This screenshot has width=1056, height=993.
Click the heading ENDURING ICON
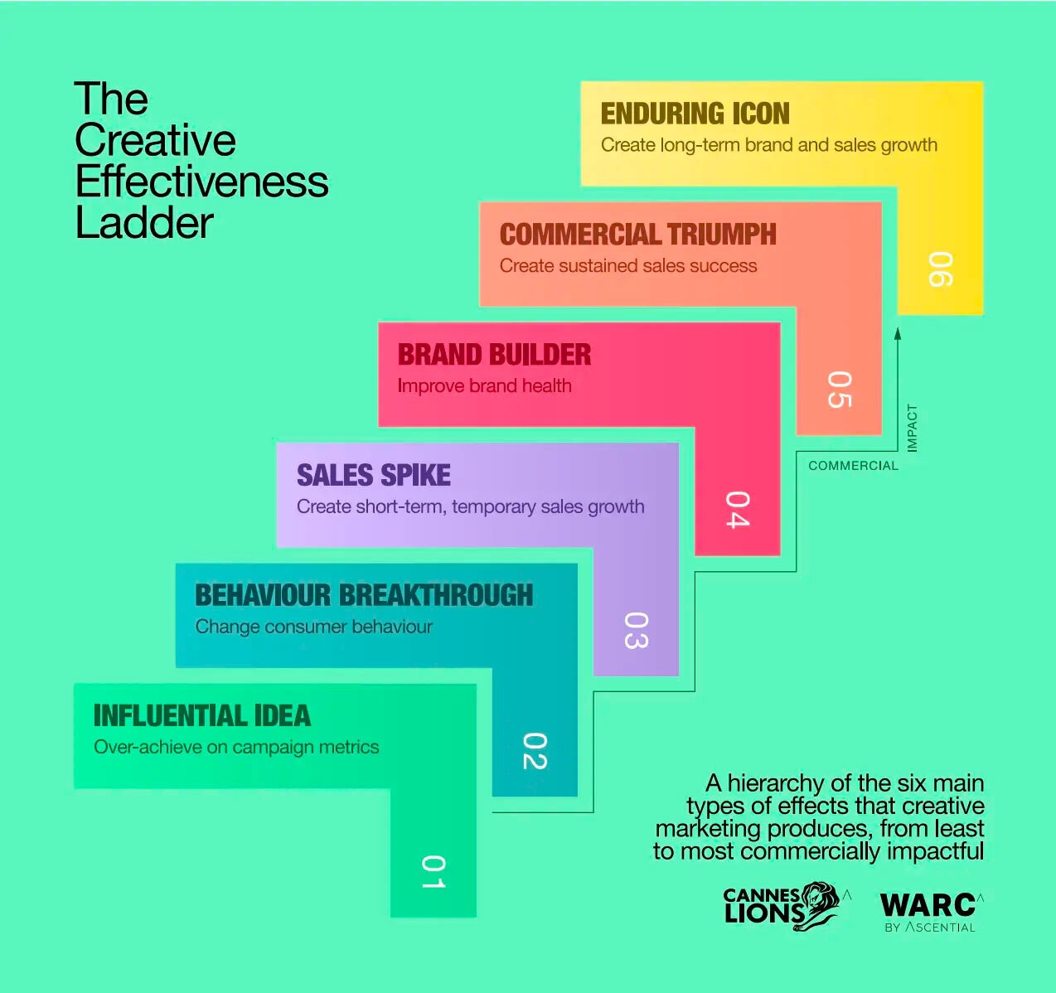click(x=695, y=114)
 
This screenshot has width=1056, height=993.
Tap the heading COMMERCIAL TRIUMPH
click(x=637, y=235)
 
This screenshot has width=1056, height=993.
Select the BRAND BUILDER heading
click(x=494, y=355)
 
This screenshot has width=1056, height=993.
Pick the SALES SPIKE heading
click(x=374, y=475)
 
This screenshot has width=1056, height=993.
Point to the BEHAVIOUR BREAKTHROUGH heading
click(x=364, y=595)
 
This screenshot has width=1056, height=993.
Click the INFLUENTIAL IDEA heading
click(x=202, y=715)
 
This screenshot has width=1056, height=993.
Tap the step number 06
click(x=941, y=269)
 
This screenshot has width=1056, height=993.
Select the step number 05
click(x=840, y=390)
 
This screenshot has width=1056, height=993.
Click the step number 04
click(x=738, y=510)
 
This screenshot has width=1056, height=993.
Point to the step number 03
click(x=636, y=630)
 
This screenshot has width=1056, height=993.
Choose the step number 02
click(x=535, y=751)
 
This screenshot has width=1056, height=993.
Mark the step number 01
click(x=434, y=872)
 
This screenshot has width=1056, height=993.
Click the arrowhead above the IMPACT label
click(x=897, y=334)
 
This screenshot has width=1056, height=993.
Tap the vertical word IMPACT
click(x=912, y=428)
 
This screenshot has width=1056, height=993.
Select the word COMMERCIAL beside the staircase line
click(x=853, y=466)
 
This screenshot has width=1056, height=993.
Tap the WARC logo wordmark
click(x=928, y=904)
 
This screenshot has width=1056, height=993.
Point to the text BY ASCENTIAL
click(x=929, y=928)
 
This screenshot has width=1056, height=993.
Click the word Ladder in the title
click(x=144, y=223)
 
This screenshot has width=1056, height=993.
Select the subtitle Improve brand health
click(x=484, y=386)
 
